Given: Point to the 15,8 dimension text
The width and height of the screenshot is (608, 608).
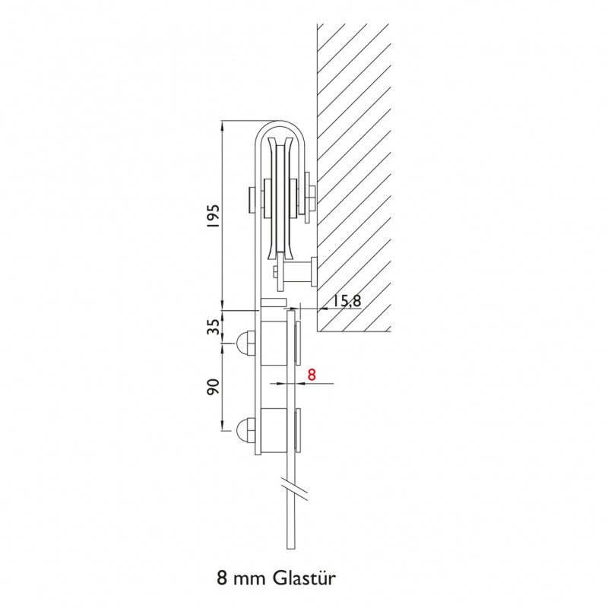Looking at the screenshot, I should pos(347,301).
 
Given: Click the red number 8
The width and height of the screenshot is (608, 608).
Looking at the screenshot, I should pos(311,375).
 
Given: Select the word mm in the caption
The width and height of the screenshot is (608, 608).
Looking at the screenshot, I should pos(242,578).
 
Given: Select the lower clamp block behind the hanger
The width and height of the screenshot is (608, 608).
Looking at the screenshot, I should pos(274,429).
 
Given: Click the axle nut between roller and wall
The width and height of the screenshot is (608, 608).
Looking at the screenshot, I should pos(308,199).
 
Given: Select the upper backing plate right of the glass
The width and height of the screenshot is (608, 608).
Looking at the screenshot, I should pos(297,342).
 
